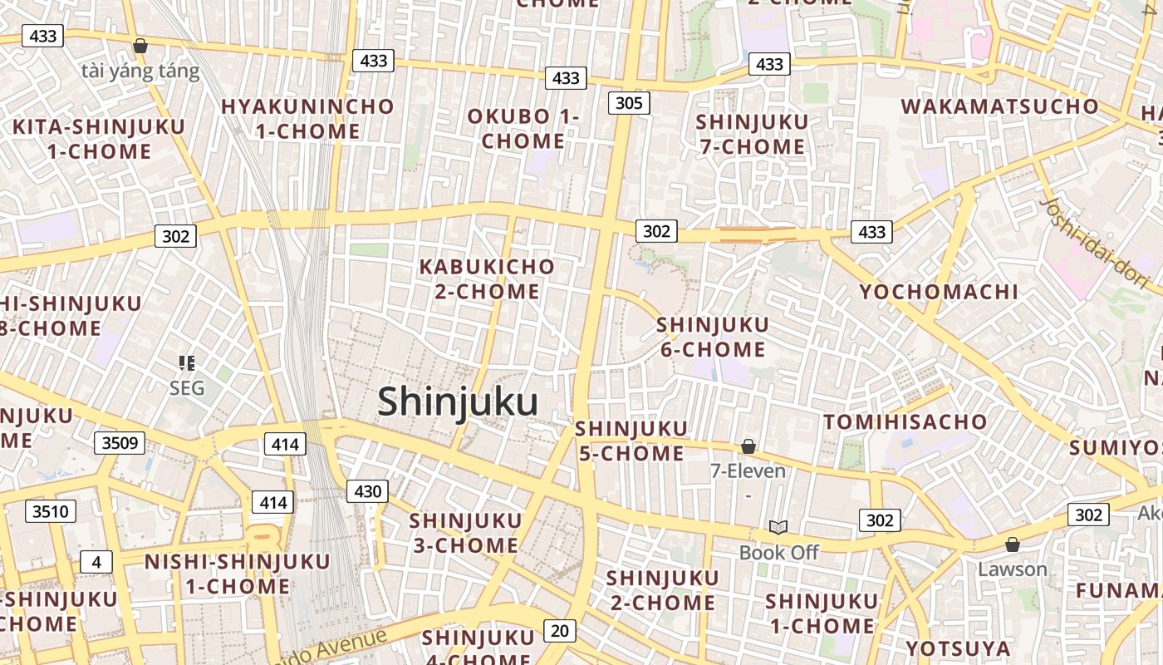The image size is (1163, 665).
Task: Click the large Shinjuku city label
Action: click(458, 402)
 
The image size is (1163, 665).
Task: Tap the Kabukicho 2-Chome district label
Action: click(487, 279)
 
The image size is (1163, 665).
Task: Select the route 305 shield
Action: click(629, 103)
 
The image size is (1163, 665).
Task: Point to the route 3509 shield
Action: click(119, 443)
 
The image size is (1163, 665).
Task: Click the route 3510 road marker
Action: click(50, 511)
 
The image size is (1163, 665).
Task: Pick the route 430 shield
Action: click(367, 491)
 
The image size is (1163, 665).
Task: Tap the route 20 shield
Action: click(560, 631)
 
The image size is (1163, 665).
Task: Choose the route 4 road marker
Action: click(96, 563)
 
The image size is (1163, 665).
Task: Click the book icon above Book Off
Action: click(778, 527)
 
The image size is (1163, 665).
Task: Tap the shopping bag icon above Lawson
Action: click(1012, 544)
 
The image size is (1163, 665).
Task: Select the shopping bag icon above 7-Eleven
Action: click(748, 447)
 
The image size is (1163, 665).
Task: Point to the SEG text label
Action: click(187, 388)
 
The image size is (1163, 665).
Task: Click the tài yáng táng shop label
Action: click(140, 71)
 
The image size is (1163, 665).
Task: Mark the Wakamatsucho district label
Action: click(999, 106)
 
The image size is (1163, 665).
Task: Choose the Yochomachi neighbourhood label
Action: click(939, 292)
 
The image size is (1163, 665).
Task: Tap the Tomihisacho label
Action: click(905, 421)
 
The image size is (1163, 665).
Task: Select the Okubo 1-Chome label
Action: click(523, 129)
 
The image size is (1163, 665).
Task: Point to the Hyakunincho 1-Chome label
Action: click(307, 119)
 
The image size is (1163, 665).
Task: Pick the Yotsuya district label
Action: click(958, 648)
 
